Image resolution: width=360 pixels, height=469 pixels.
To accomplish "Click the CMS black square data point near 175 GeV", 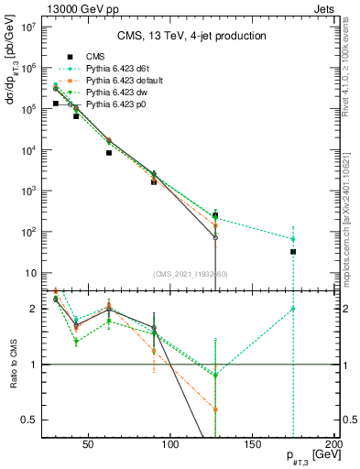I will click(x=293, y=251).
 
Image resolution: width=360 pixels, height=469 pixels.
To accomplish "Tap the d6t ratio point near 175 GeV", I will click(x=293, y=309).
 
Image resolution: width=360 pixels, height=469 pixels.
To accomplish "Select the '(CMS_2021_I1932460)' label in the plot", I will click(x=191, y=274).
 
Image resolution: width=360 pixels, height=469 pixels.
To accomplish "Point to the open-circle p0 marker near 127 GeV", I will click(x=215, y=237).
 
